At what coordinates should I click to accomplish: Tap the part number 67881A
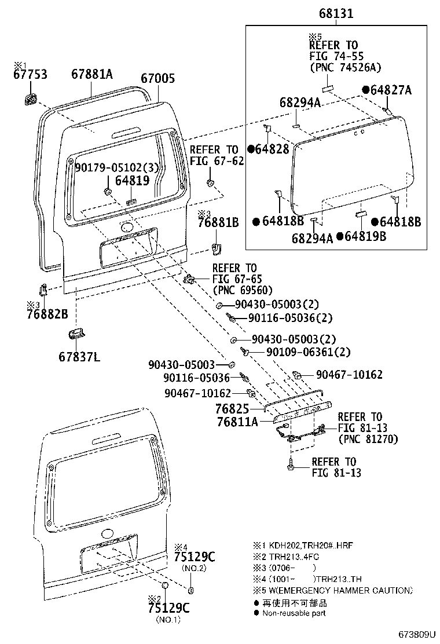tap(91, 74)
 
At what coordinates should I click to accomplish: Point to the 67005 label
tap(158, 78)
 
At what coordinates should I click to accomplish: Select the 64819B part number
tap(361, 236)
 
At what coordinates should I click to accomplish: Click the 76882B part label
tap(47, 314)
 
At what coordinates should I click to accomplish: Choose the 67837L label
tap(79, 357)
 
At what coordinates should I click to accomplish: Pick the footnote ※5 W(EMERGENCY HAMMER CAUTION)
tap(332, 590)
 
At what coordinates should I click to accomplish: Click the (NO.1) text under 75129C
tap(168, 619)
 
